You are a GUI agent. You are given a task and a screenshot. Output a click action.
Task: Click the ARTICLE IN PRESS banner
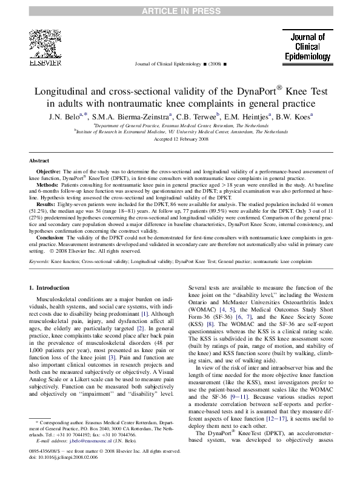pyautogui.click(x=180, y=11)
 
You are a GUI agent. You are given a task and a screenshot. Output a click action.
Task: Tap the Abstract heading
pyautogui.click(x=39, y=161)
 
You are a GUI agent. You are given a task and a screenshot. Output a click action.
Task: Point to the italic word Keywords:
pyautogui.click(x=39, y=261)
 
